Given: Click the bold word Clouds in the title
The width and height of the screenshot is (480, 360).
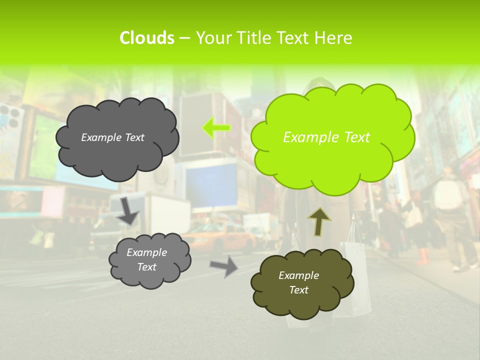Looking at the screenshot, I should click(147, 38).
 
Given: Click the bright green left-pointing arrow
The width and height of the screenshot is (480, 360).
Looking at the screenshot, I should click(215, 128).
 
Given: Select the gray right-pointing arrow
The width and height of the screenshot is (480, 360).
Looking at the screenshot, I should click(223, 265).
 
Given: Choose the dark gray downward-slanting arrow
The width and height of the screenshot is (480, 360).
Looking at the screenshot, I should click(128, 210).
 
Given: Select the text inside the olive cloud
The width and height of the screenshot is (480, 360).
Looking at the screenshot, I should click(298, 282).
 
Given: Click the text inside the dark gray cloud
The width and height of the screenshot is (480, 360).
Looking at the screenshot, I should click(112, 137).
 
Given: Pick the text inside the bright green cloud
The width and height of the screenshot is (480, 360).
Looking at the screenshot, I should click(326, 137).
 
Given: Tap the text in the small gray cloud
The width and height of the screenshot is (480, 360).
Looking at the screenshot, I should click(147, 259).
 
